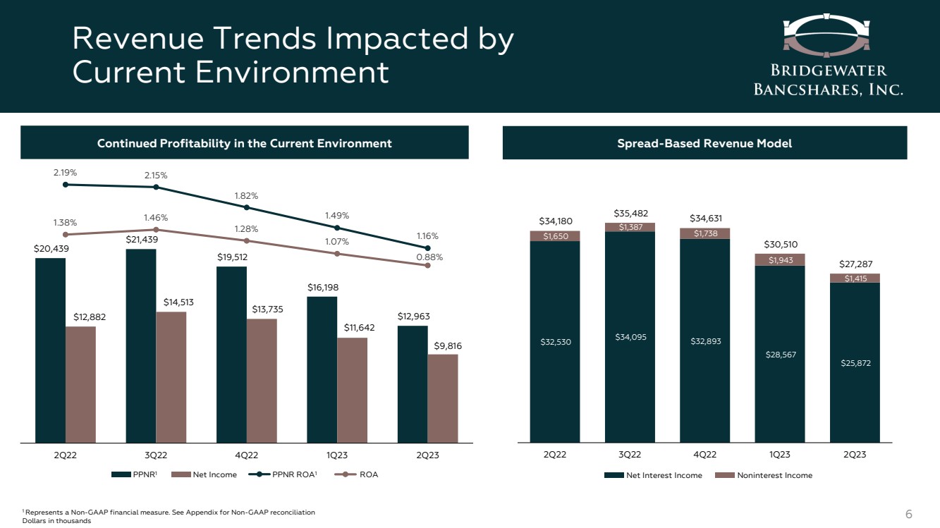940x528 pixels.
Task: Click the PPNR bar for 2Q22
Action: coord(50,350)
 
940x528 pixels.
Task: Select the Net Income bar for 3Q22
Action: coord(171,377)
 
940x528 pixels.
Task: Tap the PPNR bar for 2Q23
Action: coord(413,383)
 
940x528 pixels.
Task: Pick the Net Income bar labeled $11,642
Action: coord(353,390)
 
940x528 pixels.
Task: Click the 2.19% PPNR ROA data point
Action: coord(66,185)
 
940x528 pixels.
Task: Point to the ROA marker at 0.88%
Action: coord(428,265)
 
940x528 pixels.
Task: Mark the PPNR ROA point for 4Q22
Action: coord(247,207)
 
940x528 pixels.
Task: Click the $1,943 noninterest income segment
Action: coord(780,260)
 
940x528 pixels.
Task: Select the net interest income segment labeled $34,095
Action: coord(630,337)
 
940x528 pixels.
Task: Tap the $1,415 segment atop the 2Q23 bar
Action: coord(855,278)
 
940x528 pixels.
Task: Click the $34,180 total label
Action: coord(555,221)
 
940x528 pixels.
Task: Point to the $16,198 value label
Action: coord(322,288)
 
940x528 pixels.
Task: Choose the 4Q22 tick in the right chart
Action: coord(704,455)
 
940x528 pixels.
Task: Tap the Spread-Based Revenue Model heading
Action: coord(704,143)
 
